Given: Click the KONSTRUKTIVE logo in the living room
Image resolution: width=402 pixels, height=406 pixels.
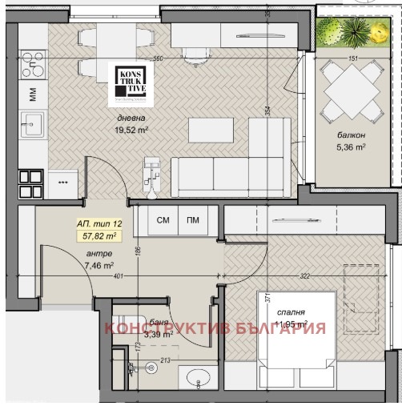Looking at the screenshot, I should pos(127,82).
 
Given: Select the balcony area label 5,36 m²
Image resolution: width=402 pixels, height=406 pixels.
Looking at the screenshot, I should pos(351,147).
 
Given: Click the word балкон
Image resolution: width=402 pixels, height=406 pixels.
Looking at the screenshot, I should pos(351,135).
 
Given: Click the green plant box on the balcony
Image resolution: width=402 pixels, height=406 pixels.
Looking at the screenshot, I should pos(350,32).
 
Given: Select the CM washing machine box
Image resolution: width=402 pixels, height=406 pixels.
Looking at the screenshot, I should pos(163,219).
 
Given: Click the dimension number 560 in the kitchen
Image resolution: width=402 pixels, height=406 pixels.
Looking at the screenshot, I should pos(158,58).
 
